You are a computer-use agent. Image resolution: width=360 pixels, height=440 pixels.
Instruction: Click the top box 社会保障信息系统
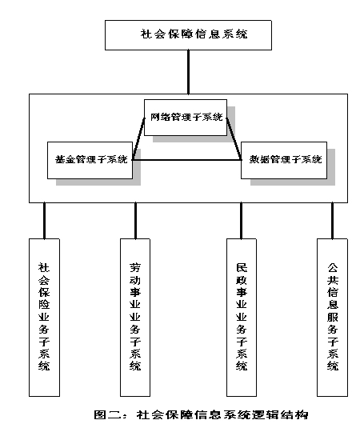point(188,35)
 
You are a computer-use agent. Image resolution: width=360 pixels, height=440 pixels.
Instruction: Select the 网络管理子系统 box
point(186,118)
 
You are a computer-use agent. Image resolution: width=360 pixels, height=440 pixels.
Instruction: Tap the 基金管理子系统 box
point(90,160)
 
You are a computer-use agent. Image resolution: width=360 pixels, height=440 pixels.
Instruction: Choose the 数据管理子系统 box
point(284,160)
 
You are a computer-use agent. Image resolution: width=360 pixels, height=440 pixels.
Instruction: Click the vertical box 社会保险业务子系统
point(44,318)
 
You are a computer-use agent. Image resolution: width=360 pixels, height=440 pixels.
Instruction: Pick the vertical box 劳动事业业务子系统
point(135,318)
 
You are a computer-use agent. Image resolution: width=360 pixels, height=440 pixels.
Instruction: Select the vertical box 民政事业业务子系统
point(242,318)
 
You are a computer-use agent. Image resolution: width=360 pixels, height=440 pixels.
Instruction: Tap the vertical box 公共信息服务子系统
point(333,318)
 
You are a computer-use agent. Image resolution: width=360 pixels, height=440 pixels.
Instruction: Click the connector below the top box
point(188,72)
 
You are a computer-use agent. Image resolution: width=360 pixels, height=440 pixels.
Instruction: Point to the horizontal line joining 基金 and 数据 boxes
point(187,160)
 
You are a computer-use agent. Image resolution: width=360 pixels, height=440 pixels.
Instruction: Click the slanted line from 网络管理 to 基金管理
point(138,139)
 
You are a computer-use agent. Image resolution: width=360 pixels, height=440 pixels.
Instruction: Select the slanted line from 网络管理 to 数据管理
point(234,139)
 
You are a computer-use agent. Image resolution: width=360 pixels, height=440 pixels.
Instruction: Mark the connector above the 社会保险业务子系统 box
point(44,221)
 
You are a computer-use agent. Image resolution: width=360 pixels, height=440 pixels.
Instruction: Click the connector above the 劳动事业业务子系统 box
point(135,221)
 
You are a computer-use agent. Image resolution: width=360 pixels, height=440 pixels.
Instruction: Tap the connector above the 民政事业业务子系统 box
point(242,221)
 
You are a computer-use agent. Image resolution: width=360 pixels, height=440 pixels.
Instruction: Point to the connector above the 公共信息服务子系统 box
point(333,221)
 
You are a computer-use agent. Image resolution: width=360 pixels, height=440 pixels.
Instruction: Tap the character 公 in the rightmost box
point(333,268)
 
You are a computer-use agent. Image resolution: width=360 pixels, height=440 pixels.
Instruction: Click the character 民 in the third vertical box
point(242,268)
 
